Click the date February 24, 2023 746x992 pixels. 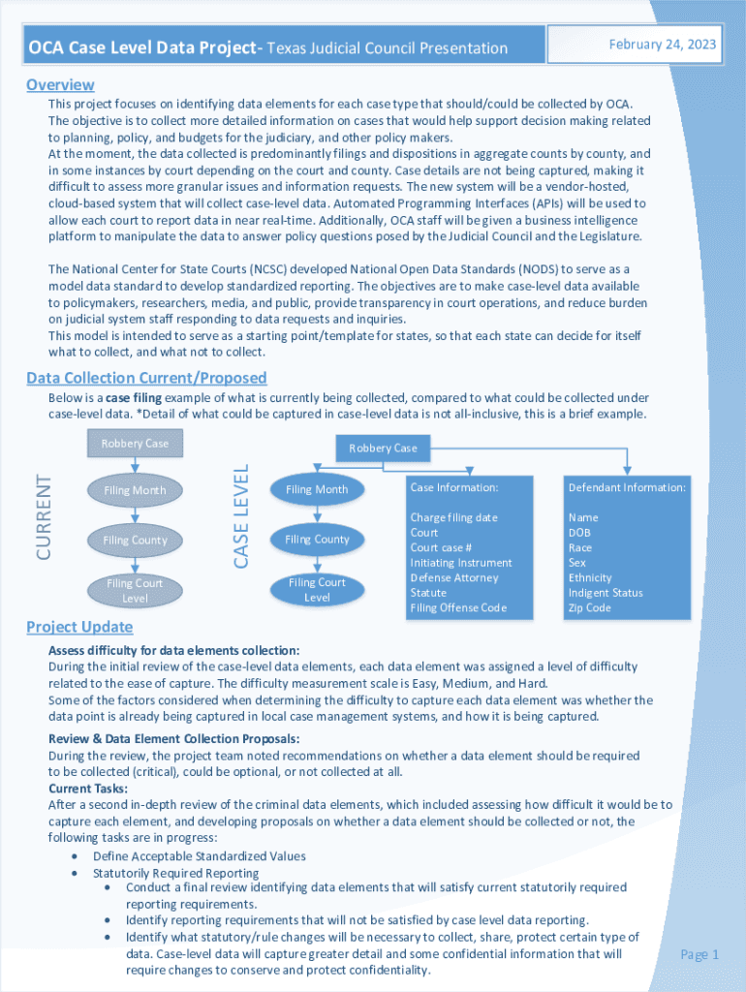[x=662, y=45]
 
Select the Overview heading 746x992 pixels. [x=60, y=84]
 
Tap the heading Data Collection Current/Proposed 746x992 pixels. [x=146, y=378]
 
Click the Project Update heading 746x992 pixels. [x=79, y=627]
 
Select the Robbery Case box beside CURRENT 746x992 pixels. [x=135, y=443]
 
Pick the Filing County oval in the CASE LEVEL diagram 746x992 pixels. [x=317, y=539]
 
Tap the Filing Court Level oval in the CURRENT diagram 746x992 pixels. [x=135, y=591]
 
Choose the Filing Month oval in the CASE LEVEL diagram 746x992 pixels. [x=317, y=489]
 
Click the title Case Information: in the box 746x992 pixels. [x=453, y=487]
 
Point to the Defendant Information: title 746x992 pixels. [x=627, y=487]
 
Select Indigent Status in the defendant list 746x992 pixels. [x=606, y=593]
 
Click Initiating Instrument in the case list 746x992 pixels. [x=460, y=563]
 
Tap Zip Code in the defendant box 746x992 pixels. [x=589, y=607]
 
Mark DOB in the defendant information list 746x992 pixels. [x=580, y=533]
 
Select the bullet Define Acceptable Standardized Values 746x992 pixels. [x=199, y=856]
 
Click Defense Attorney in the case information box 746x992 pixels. [x=453, y=577]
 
